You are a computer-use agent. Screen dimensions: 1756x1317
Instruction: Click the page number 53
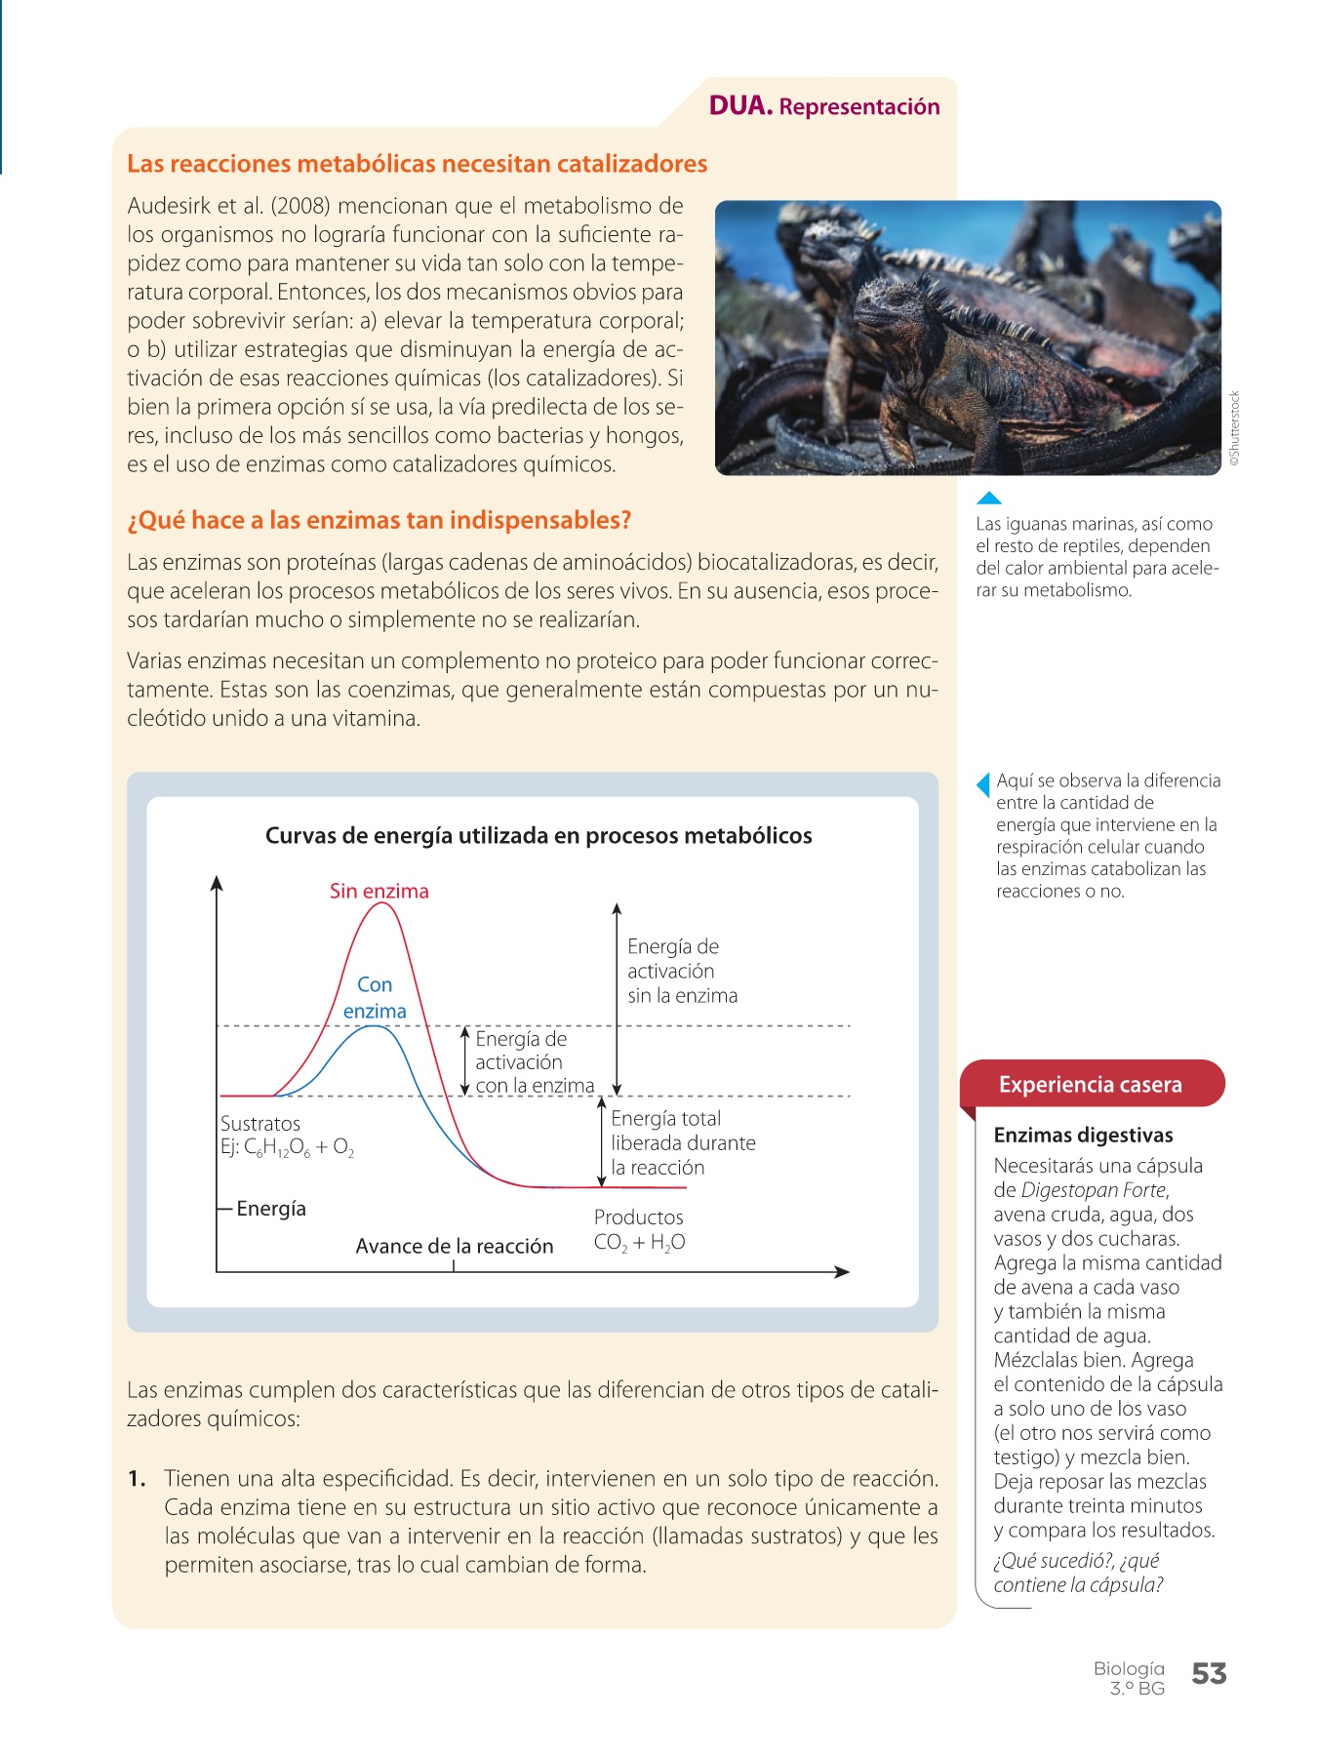(x=1209, y=1674)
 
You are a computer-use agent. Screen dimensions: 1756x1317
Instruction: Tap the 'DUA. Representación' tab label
(x=824, y=105)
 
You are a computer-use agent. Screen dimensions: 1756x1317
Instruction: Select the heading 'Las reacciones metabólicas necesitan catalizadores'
(x=417, y=164)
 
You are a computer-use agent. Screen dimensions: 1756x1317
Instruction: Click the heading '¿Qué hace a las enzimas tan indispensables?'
(x=379, y=520)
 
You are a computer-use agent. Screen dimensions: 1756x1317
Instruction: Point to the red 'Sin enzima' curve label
(x=379, y=891)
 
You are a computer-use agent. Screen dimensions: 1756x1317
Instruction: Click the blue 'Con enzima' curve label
(x=375, y=998)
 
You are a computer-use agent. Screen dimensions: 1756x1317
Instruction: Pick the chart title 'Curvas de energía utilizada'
(x=539, y=835)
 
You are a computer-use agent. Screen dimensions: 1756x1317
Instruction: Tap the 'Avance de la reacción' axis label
(x=454, y=1246)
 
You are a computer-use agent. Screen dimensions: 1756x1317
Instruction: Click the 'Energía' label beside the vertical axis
(x=271, y=1209)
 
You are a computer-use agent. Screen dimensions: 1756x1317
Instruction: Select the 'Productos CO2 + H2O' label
(x=639, y=1229)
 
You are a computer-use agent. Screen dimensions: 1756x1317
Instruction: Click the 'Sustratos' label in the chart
(x=260, y=1124)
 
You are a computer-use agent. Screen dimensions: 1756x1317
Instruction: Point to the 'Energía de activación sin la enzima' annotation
(x=682, y=971)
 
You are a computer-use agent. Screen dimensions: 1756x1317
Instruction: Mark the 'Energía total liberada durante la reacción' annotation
(x=683, y=1142)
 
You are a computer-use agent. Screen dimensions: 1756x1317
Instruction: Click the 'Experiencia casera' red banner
(x=1090, y=1085)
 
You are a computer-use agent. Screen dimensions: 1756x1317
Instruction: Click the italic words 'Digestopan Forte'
(x=1094, y=1190)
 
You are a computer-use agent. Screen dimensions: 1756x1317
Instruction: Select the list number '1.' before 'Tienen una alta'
(x=138, y=1479)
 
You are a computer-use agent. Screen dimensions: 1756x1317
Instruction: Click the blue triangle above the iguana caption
(x=988, y=499)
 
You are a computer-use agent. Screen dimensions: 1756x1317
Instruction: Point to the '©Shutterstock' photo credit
(x=1234, y=429)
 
